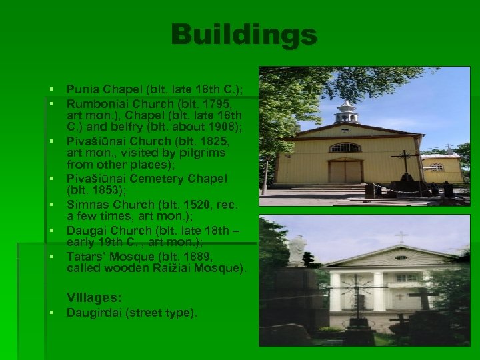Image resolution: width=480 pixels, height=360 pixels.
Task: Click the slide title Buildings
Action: [x=243, y=35]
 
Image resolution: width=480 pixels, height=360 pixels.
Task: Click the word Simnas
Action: [x=86, y=204]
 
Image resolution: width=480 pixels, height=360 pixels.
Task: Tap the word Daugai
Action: [x=85, y=230]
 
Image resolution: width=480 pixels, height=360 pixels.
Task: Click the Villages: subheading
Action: [x=94, y=297]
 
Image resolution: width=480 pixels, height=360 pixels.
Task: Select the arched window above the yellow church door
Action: [x=345, y=147]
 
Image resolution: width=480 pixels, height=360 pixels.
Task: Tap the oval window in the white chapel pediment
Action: [x=401, y=258]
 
